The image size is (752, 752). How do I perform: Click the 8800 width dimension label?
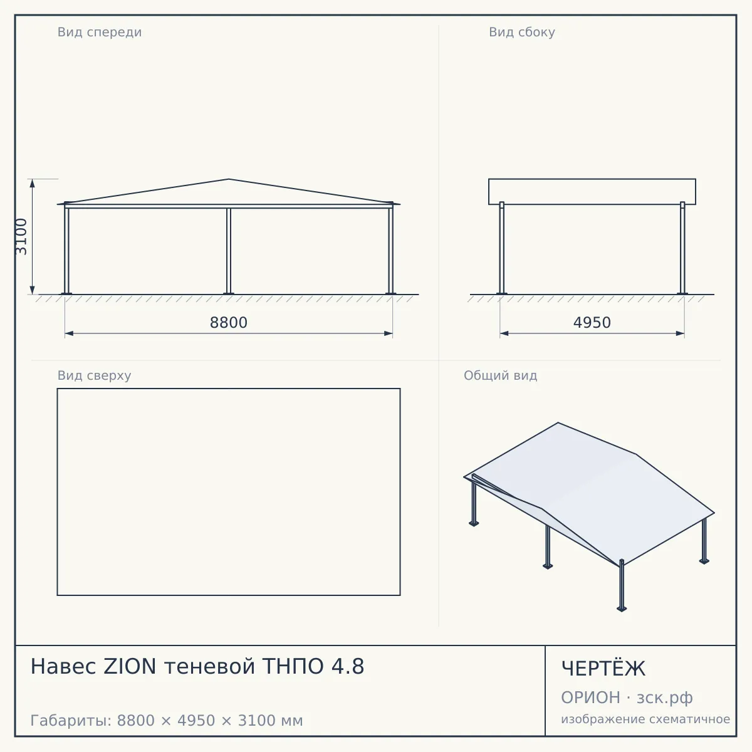pos(229,323)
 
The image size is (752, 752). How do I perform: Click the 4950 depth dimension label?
pos(592,323)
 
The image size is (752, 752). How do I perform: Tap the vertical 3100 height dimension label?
pos(21,236)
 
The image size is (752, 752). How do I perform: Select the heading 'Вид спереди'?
pos(100,32)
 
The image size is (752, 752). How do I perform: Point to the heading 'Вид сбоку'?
pos(522,32)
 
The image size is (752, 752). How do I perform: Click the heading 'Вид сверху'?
pos(94,375)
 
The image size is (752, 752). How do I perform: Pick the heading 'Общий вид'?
pos(500,375)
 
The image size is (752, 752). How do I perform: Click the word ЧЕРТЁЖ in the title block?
pos(603,669)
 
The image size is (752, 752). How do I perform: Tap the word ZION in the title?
pos(130,666)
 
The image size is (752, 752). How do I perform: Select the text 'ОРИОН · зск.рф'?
pos(627,697)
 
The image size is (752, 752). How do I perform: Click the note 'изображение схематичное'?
pos(645,719)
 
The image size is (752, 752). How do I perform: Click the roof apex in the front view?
pos(229,179)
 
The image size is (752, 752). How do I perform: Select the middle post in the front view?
pos(229,251)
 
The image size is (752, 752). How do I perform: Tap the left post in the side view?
pos(502,248)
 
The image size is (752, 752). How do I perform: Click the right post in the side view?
pos(682,248)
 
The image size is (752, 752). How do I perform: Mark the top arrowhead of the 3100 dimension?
pos(33,184)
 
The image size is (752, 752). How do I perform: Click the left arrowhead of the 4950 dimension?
pos(504,333)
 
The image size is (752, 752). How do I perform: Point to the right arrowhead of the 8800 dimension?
pos(389,333)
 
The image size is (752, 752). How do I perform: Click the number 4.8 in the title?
pos(348,666)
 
